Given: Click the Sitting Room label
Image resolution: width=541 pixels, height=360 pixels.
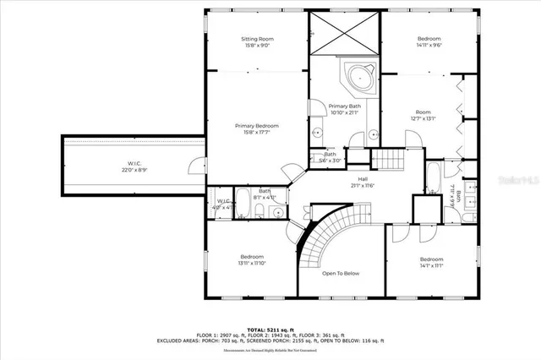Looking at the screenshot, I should [257, 42].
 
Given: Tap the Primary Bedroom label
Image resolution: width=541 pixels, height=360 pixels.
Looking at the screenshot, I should [257, 129].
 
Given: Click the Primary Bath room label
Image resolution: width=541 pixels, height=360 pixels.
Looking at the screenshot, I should [344, 109].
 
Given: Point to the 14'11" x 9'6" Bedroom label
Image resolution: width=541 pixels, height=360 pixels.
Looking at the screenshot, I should [429, 42].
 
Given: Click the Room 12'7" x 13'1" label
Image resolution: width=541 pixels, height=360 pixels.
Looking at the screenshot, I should [423, 116].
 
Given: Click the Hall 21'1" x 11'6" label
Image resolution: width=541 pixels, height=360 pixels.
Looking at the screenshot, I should [362, 183].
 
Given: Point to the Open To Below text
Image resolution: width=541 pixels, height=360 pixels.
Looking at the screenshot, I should [341, 273].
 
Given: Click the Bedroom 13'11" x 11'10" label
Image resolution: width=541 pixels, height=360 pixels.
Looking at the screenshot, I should [251, 260].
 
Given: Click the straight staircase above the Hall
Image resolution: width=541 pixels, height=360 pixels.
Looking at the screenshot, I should [390, 158].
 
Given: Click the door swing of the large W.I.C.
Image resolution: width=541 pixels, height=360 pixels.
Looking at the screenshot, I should [196, 165].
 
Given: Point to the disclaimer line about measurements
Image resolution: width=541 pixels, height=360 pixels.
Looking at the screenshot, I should [270, 350].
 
